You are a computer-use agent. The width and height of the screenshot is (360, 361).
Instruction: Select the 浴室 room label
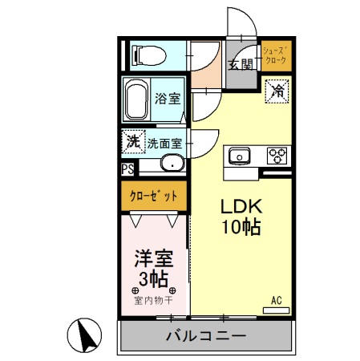(168, 98)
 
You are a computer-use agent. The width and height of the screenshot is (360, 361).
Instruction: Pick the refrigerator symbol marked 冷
(276, 91)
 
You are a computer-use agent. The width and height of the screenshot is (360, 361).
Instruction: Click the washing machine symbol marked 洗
(133, 142)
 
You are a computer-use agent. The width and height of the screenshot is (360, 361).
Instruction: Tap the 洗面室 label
(165, 144)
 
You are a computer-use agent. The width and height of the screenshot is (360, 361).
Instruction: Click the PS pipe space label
(127, 169)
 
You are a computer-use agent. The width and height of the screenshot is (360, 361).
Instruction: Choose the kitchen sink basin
(240, 155)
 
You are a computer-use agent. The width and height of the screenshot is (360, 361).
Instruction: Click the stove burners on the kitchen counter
(277, 154)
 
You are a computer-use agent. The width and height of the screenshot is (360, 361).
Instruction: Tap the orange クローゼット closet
(154, 195)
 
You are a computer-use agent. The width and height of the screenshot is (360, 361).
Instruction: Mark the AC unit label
(277, 301)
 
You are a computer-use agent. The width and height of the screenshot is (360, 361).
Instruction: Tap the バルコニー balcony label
(207, 335)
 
